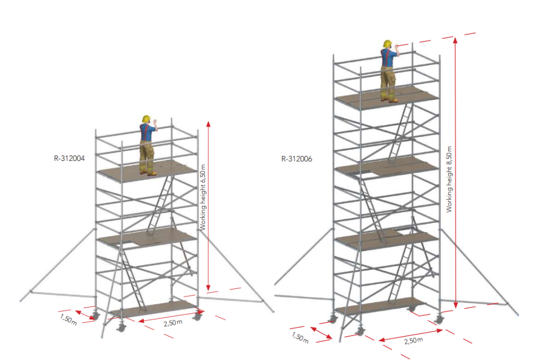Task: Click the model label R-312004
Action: coord(69,159)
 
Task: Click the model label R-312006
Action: coord(296,159)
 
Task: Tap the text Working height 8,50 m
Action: coord(449,179)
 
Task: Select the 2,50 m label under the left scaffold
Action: coord(173,322)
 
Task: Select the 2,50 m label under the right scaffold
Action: coord(413,340)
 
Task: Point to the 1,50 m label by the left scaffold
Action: coord(69,319)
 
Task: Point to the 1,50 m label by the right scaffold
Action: coord(300,338)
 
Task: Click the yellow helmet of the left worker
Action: coord(146,119)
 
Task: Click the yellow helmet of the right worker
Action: coord(387,44)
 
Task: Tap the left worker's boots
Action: coord(148,173)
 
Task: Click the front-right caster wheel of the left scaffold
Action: coord(198,316)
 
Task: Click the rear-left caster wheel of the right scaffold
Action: coord(333,319)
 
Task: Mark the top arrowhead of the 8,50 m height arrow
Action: coord(455,39)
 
